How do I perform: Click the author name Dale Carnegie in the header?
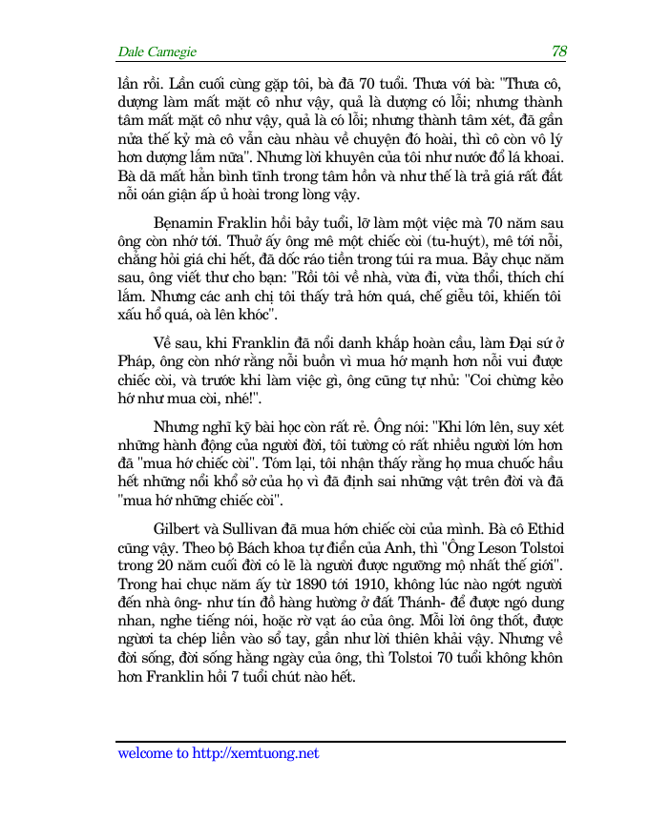157,52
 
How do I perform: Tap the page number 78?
559,51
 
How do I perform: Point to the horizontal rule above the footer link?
341,741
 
